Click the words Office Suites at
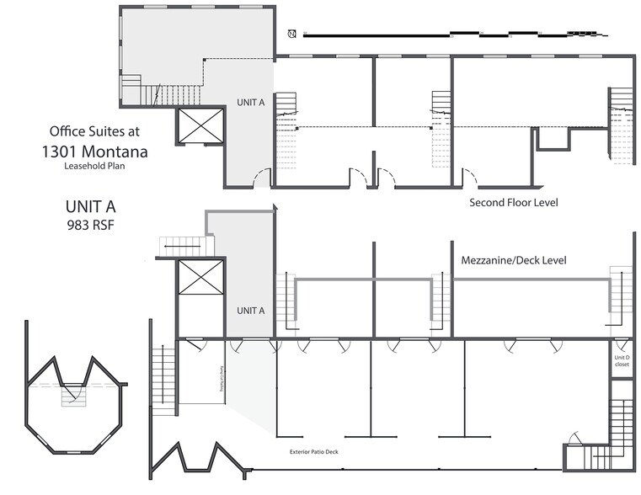click(94, 131)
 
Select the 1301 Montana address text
click(94, 152)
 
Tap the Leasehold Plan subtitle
click(94, 166)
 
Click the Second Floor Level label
click(514, 203)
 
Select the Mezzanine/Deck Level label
click(514, 261)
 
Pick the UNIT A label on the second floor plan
click(250, 103)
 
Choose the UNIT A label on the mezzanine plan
click(250, 311)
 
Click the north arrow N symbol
click(291, 34)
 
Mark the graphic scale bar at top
click(455, 35)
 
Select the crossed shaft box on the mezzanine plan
click(202, 278)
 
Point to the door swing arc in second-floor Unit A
click(262, 178)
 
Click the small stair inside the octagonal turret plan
click(74, 397)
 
